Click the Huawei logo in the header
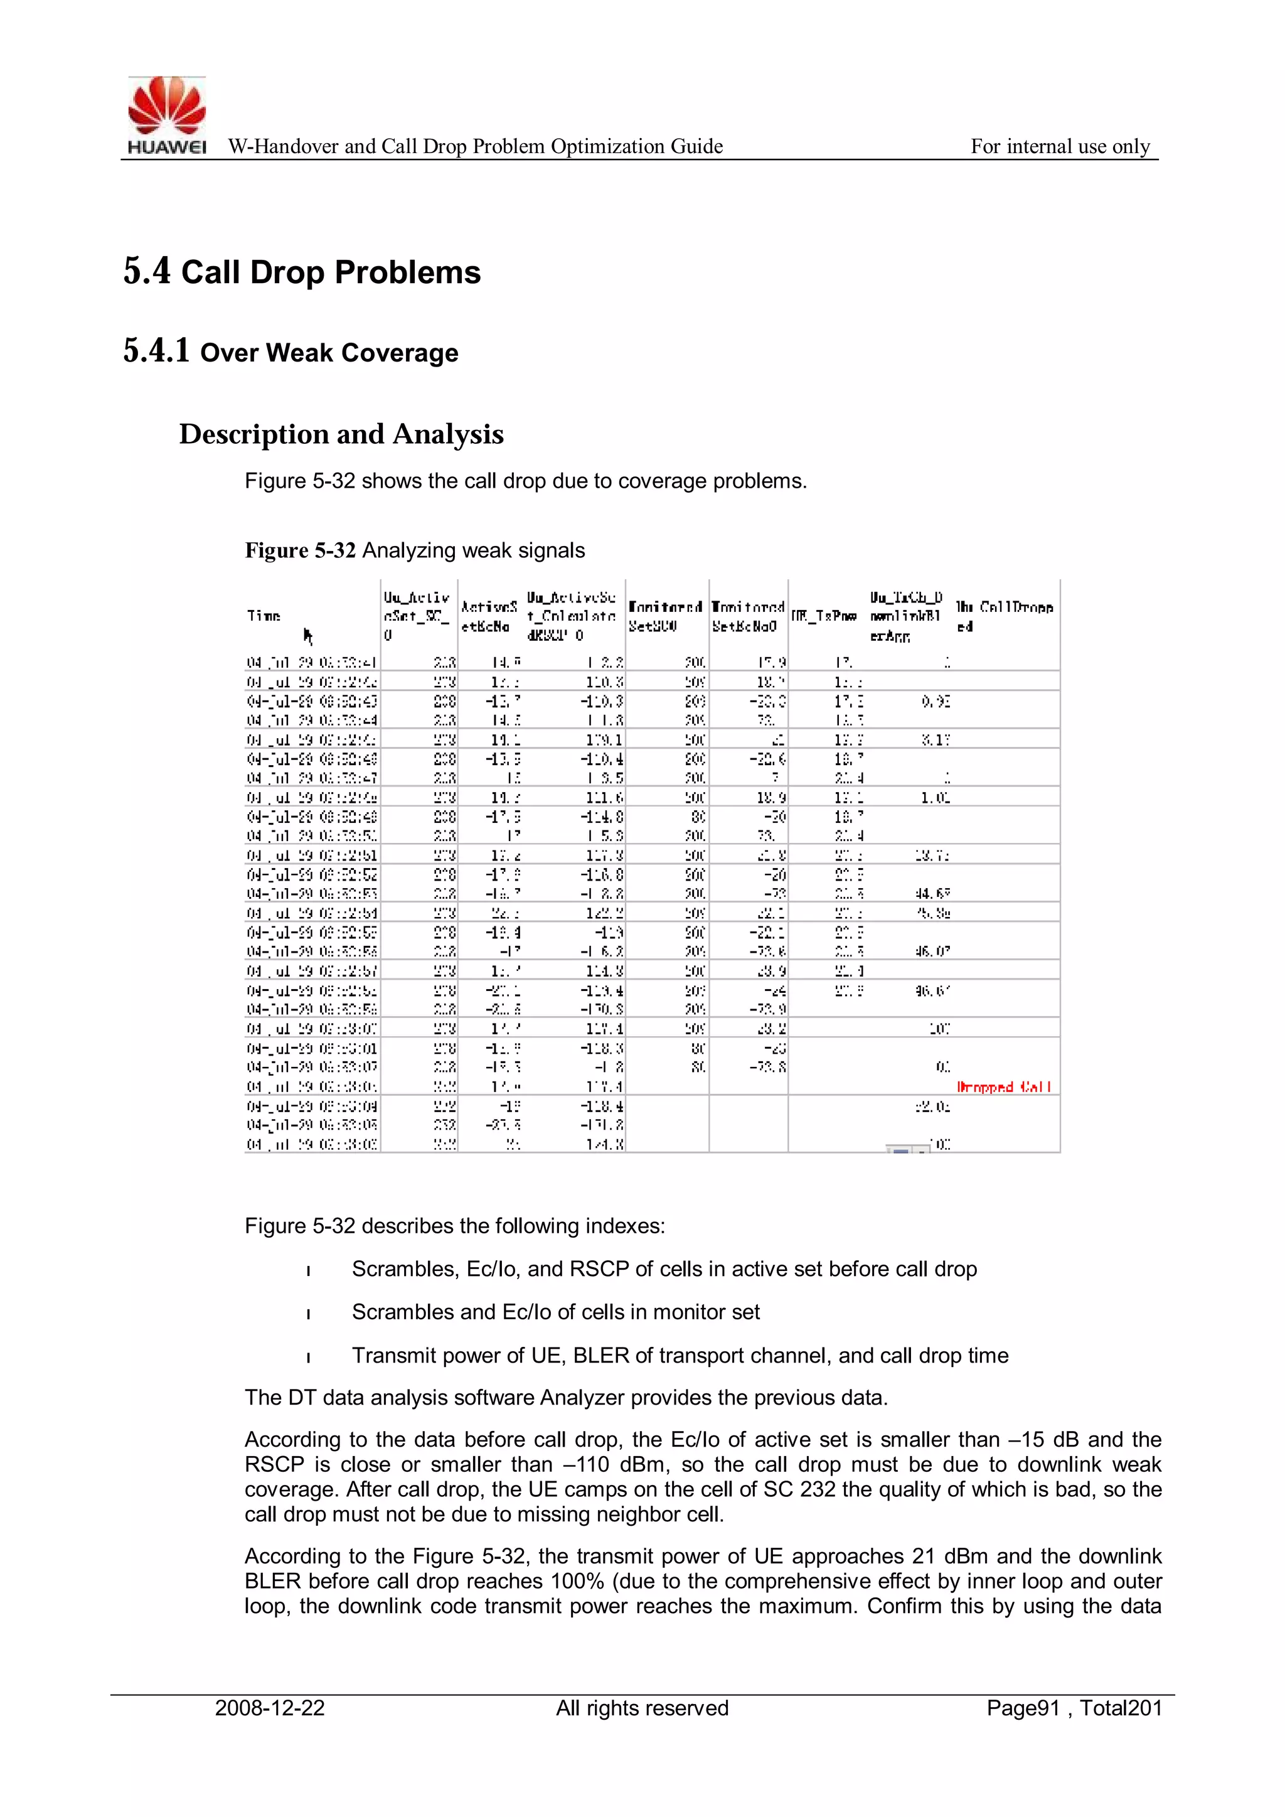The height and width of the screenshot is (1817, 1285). tap(167, 115)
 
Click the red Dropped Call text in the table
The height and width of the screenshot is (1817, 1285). tap(1003, 1086)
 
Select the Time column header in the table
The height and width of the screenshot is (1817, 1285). tap(264, 615)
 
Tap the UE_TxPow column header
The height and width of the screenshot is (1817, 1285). tap(824, 616)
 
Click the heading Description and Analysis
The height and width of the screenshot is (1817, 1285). tap(341, 434)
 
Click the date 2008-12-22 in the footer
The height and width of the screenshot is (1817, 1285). tap(270, 1708)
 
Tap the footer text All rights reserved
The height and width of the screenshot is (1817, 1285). tap(642, 1708)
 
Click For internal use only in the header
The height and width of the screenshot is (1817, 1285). tap(1060, 146)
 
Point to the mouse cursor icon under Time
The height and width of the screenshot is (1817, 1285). tap(308, 635)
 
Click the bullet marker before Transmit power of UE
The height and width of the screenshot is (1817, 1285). tap(309, 1357)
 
